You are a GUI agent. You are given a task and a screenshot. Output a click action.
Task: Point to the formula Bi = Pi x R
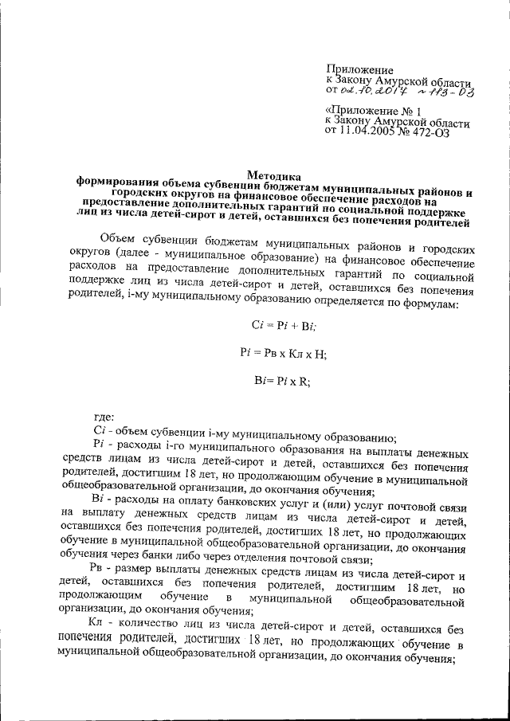tap(273, 381)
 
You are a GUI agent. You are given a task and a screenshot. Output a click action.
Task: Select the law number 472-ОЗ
tap(432, 133)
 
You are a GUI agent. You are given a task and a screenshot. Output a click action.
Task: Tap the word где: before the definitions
tap(104, 415)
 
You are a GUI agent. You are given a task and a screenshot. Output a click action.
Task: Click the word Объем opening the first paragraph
tap(120, 239)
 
